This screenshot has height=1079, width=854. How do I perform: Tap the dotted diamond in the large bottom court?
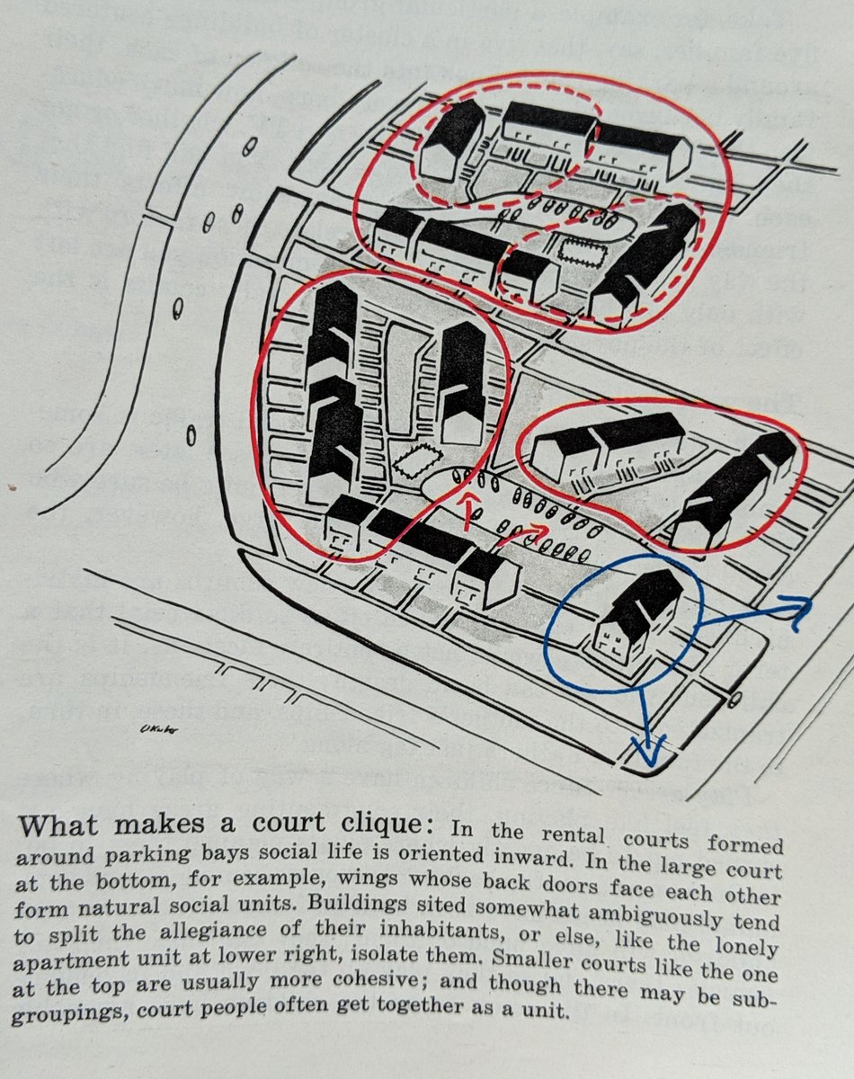tap(414, 463)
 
